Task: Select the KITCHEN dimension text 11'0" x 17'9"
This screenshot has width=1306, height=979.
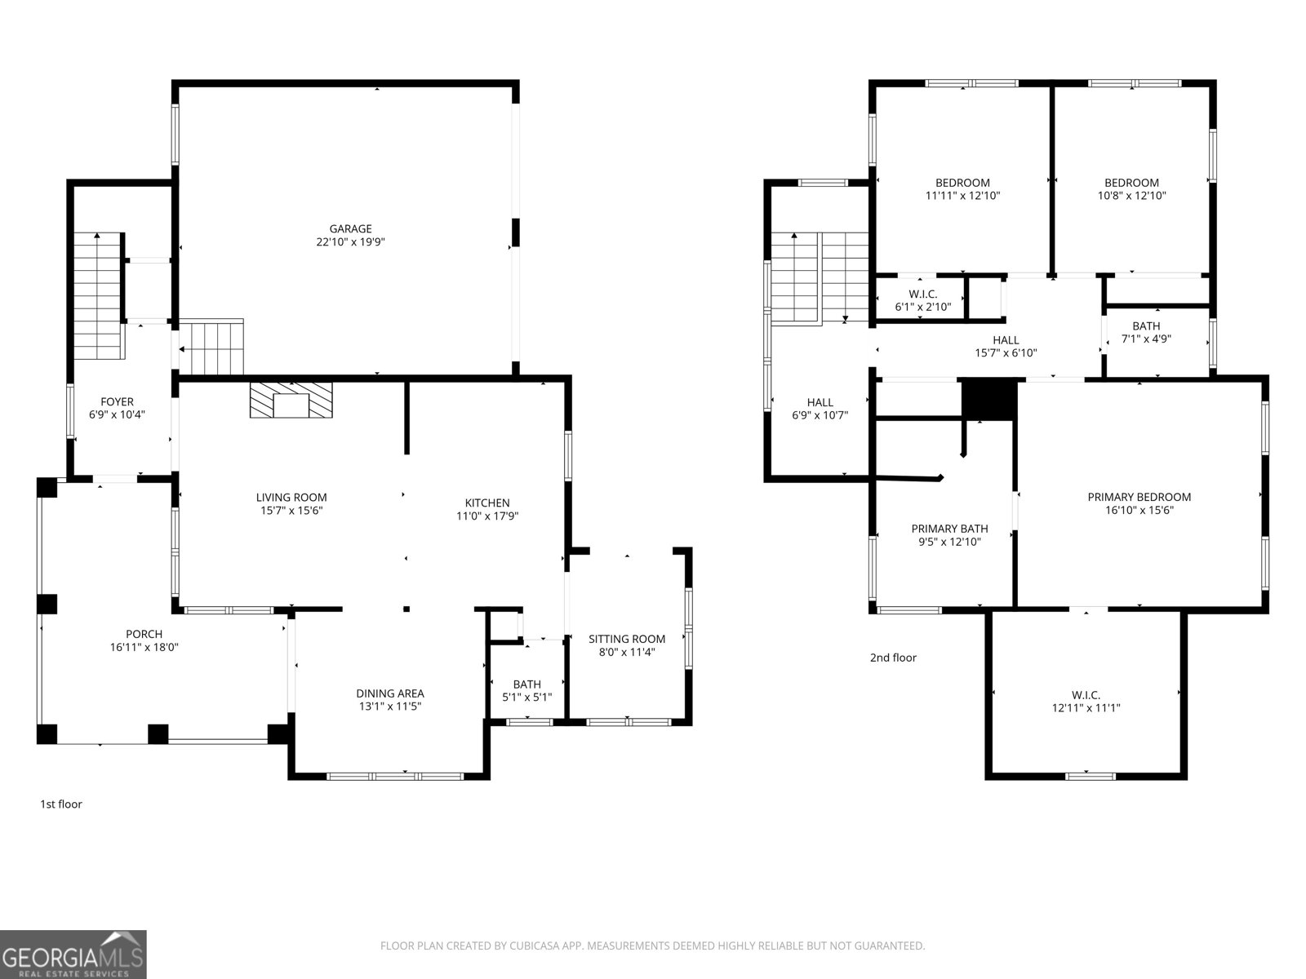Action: pos(487,516)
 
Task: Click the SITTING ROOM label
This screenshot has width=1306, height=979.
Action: pos(627,639)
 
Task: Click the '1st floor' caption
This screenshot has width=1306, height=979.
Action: pos(61,804)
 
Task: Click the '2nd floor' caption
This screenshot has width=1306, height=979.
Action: pos(893,658)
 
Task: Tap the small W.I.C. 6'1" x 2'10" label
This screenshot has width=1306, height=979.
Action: pos(922,300)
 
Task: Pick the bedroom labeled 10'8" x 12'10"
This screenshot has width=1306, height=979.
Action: pos(1131,188)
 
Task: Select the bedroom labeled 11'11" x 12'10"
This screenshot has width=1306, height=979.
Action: pos(962,188)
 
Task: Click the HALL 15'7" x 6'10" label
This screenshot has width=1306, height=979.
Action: pos(1006,347)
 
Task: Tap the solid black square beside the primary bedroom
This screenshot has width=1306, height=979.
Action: pos(989,399)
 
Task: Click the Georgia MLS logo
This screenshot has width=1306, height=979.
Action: pos(73,954)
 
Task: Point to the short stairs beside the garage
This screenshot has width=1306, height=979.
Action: pos(212,347)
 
